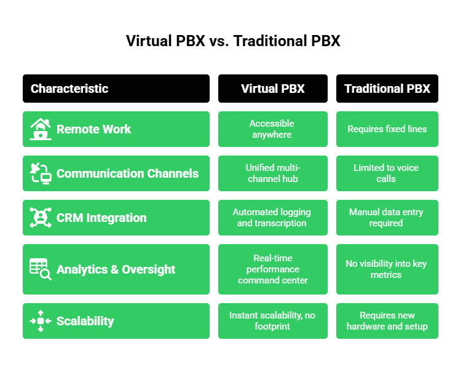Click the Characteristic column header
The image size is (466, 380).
click(69, 89)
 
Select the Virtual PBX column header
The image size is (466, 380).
click(272, 89)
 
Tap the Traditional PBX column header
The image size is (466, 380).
click(387, 89)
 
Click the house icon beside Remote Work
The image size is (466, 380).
click(41, 129)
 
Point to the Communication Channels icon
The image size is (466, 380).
click(41, 173)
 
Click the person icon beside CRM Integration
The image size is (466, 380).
click(41, 218)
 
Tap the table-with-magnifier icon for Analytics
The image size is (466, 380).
click(41, 269)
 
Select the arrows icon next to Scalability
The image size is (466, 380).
click(41, 321)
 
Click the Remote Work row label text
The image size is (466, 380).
click(93, 129)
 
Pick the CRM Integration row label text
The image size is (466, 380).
click(101, 218)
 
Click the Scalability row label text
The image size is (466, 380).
click(85, 321)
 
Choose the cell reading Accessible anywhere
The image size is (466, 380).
click(272, 129)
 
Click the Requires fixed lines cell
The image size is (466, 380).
click(387, 129)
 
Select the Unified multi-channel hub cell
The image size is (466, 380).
click(272, 173)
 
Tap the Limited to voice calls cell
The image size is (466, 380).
click(387, 173)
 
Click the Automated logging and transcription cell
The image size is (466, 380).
click(272, 218)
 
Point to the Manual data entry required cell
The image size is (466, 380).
click(387, 218)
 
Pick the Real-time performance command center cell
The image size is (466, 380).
click(272, 269)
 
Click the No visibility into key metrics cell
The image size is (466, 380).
click(387, 269)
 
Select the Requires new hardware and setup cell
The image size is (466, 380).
click(387, 321)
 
